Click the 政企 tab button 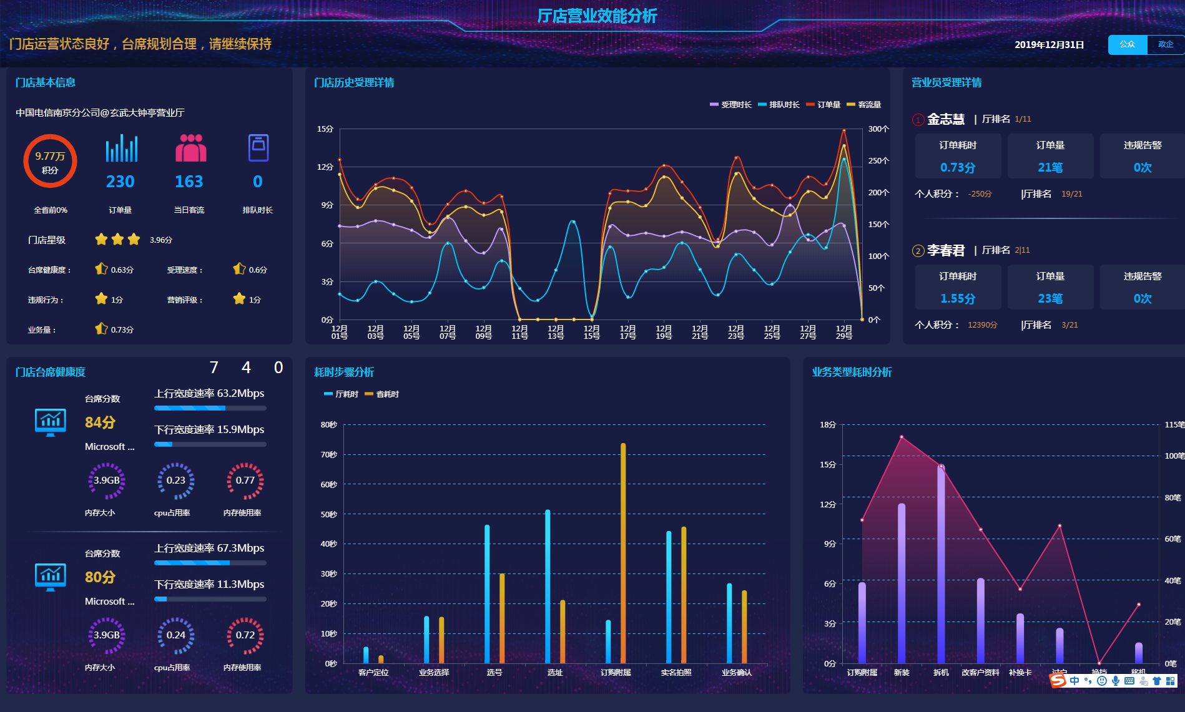click(1165, 44)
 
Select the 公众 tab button click(1127, 44)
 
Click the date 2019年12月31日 click(1049, 45)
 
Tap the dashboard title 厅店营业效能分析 click(597, 16)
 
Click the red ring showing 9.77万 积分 click(50, 161)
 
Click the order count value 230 click(120, 182)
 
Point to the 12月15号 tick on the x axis click(591, 331)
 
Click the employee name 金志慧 click(945, 119)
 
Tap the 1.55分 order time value click(958, 298)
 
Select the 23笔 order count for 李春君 click(1050, 298)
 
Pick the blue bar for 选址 click(548, 587)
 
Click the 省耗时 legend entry click(382, 394)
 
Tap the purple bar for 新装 click(902, 583)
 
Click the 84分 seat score click(100, 422)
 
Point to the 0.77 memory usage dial click(245, 480)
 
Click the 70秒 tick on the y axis click(329, 455)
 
